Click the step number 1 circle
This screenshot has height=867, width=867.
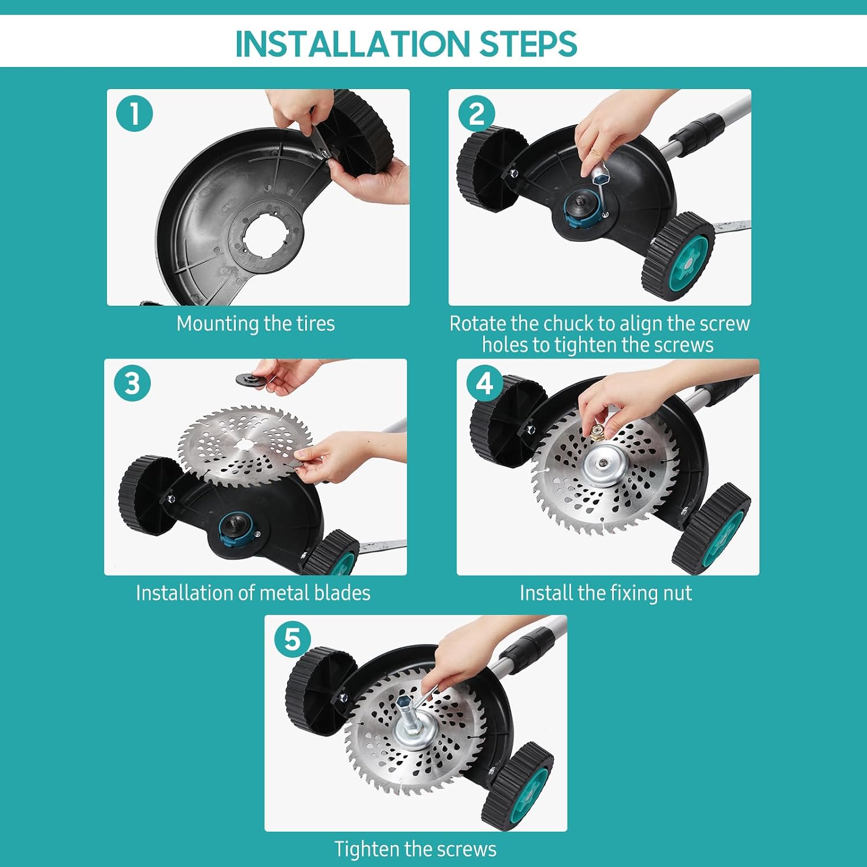[x=134, y=113]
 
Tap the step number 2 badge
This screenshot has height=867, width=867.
[x=476, y=113]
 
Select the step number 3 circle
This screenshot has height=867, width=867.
[x=132, y=383]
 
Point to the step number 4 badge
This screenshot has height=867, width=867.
[x=484, y=383]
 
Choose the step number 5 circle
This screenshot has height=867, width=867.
[x=292, y=639]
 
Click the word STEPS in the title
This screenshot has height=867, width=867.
[x=528, y=44]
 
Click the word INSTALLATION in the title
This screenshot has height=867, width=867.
[x=353, y=44]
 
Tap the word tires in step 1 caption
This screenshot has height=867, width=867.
[x=316, y=323]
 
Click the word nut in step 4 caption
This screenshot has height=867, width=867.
[x=679, y=593]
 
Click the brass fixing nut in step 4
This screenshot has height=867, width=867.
[x=598, y=430]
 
